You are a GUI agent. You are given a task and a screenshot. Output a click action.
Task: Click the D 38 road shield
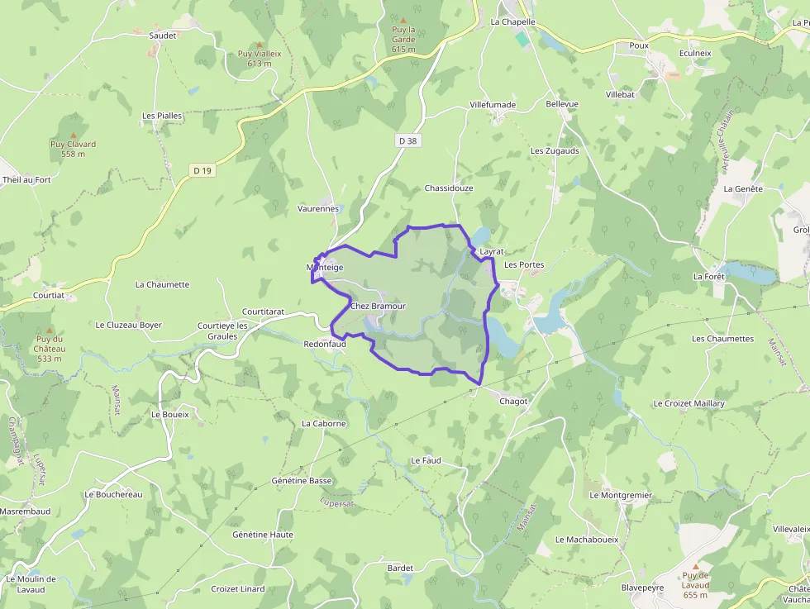click(x=407, y=140)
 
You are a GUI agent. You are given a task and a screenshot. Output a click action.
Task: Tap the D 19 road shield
click(x=202, y=170)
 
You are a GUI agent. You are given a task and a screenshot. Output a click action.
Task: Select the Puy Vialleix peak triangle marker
click(x=259, y=45)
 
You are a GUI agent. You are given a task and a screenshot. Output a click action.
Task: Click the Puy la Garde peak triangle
click(x=403, y=20)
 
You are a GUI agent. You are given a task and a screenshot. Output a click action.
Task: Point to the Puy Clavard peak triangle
click(x=73, y=135)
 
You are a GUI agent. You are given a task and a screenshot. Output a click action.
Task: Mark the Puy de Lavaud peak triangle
click(x=695, y=566)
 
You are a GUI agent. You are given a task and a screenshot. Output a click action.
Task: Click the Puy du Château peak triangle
click(x=50, y=330)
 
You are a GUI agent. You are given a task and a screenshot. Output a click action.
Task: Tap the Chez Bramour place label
click(x=379, y=306)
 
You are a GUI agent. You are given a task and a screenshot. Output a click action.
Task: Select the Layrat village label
click(x=491, y=250)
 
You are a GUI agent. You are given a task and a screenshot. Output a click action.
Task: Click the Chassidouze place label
click(x=449, y=188)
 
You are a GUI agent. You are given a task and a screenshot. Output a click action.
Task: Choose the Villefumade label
click(x=493, y=105)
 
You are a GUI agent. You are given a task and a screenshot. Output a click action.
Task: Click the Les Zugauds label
click(x=555, y=151)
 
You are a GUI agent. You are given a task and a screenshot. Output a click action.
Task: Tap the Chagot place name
click(x=514, y=401)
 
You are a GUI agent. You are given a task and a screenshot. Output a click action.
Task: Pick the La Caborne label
click(x=323, y=423)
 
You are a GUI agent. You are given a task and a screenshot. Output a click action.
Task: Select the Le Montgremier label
click(x=621, y=495)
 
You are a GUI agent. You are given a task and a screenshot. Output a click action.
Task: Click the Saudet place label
click(x=163, y=36)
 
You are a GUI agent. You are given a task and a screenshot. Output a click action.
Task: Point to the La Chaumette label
click(x=162, y=284)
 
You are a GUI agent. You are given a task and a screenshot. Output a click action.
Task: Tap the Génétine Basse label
click(x=302, y=480)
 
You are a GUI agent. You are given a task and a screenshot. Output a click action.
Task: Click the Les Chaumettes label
click(x=722, y=339)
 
